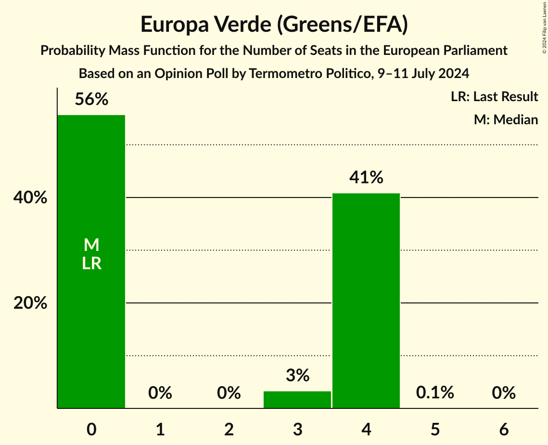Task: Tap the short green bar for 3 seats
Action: coord(297,400)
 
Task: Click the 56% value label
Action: coord(91,100)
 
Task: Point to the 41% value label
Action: coord(366,178)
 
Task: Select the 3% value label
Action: coord(297,375)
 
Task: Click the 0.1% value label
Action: coord(435,393)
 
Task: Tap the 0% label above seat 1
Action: coord(160,393)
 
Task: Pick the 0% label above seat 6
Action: coord(504,393)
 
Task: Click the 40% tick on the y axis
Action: coord(30,197)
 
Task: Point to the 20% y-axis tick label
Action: coord(30,303)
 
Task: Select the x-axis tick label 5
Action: coord(435,429)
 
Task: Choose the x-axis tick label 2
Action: coord(229,429)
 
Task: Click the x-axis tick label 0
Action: coord(91,429)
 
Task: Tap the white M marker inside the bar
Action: coord(91,245)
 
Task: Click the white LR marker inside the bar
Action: coord(91,263)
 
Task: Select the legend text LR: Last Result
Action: coord(494,97)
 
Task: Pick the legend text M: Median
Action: coord(506,119)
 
